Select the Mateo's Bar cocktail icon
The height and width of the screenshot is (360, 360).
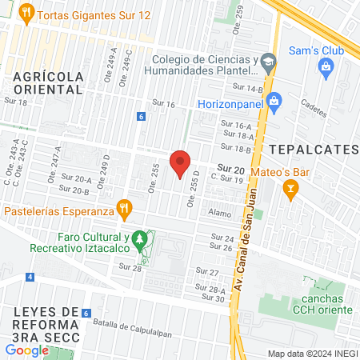coord(291,189)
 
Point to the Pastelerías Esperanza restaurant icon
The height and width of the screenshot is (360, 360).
coord(123,210)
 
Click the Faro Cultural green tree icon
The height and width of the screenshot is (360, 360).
coord(140,238)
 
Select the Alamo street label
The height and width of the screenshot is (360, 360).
coord(219,214)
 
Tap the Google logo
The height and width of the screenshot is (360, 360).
coord(27,350)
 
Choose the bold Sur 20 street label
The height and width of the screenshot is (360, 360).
coord(231,168)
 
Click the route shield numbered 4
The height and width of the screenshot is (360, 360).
coord(30,277)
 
